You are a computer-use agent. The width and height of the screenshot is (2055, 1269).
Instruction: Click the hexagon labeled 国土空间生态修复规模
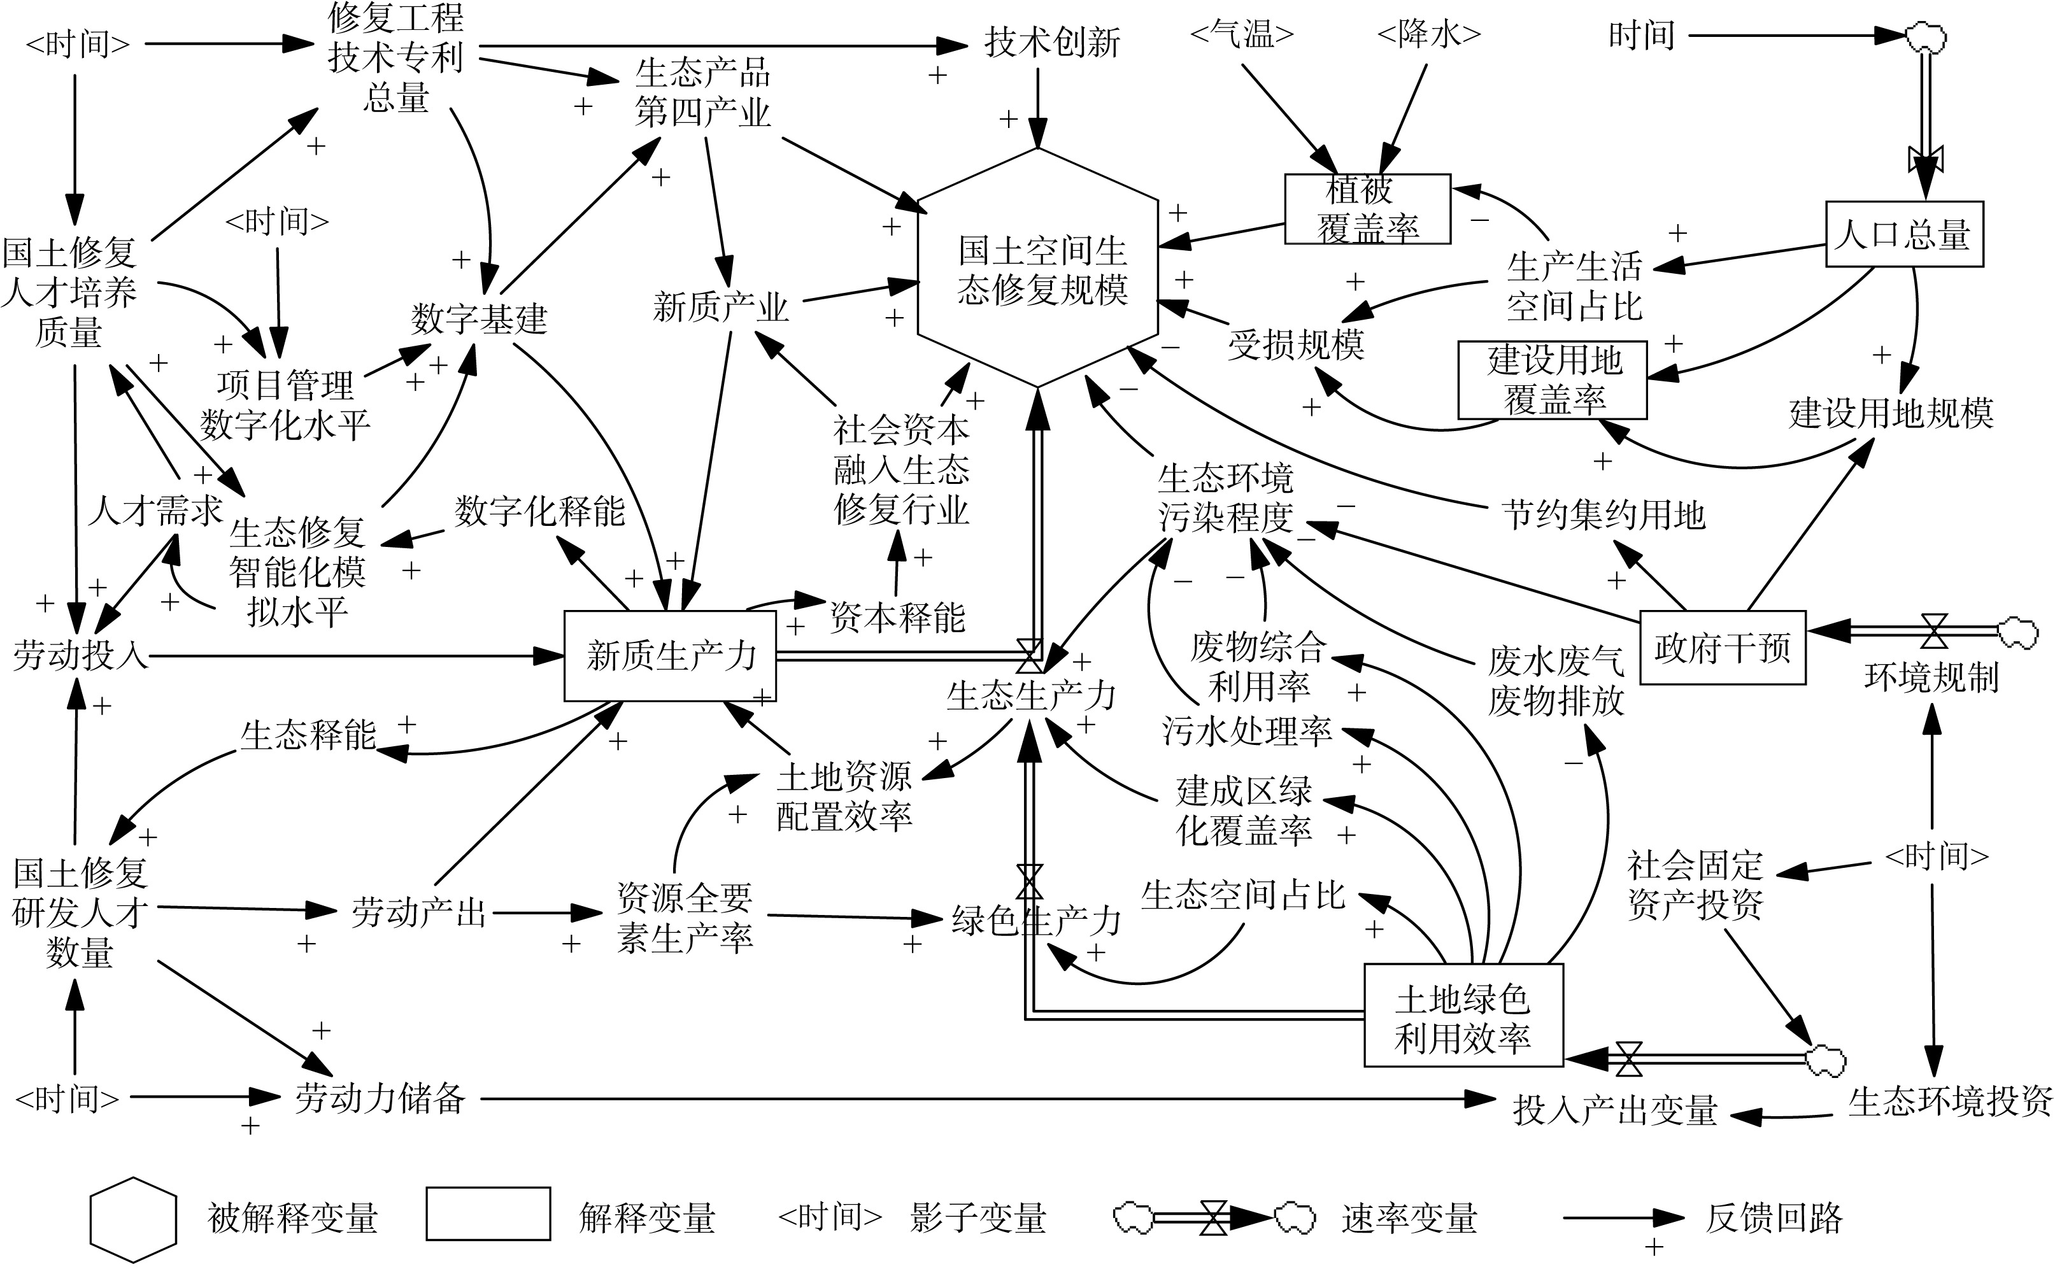pos(1039,269)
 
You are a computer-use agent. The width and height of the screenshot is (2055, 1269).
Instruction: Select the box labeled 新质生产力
pos(670,655)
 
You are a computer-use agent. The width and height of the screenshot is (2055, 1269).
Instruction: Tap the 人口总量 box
pos(1904,234)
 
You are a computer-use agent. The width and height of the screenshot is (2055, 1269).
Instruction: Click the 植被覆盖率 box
pos(1367,209)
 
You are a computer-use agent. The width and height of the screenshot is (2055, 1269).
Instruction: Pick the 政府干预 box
pos(1723,647)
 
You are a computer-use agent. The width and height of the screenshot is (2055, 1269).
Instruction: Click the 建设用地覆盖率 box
pos(1552,379)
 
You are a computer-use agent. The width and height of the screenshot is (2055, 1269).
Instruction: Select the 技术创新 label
pos(1052,42)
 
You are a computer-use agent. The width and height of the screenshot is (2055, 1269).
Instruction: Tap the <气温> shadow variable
pos(1242,34)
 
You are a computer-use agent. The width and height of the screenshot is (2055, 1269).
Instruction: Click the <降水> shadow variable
pos(1429,34)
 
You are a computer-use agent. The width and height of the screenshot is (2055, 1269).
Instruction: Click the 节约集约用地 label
pos(1603,514)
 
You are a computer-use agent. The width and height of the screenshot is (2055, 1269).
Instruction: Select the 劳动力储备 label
pos(380,1098)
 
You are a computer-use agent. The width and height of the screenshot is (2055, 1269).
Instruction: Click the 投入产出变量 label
pos(1614,1110)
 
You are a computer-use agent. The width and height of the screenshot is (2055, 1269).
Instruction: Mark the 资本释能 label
pos(897,618)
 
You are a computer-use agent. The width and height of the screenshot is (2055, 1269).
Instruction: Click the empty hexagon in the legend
pos(134,1219)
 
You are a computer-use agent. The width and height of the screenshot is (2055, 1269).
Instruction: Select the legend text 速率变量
pos(1409,1219)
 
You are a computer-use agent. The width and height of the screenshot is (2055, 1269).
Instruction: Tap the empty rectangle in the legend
pos(488,1214)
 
